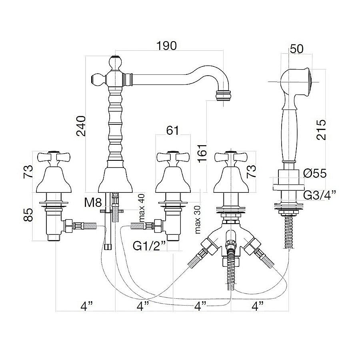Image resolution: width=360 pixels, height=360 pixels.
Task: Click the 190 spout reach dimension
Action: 166,46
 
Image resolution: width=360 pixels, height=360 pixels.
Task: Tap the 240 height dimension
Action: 81,126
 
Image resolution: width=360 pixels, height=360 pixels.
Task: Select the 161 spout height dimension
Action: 202,154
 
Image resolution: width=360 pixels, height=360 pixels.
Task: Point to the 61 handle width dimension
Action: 172,131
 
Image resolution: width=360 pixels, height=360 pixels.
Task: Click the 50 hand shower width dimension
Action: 297,49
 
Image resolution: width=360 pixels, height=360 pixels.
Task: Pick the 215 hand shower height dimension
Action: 321,130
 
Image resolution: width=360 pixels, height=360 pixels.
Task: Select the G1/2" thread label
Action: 150,246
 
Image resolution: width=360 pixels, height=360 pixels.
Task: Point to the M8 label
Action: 93,203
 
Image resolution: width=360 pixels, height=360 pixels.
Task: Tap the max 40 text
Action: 142,208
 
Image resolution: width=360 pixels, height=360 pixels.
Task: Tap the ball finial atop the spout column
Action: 115,62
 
